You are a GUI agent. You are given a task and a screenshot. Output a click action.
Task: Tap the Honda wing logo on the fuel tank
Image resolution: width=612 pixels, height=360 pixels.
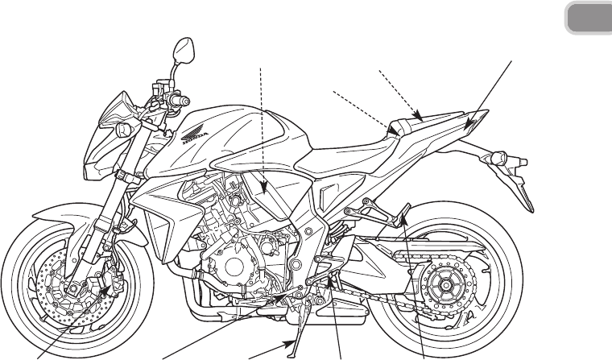click(x=196, y=126)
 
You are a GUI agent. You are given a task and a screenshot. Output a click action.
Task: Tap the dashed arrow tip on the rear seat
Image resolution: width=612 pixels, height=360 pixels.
click(x=418, y=116)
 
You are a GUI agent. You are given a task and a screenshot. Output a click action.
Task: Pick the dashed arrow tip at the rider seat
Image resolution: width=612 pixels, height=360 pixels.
click(x=394, y=129)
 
